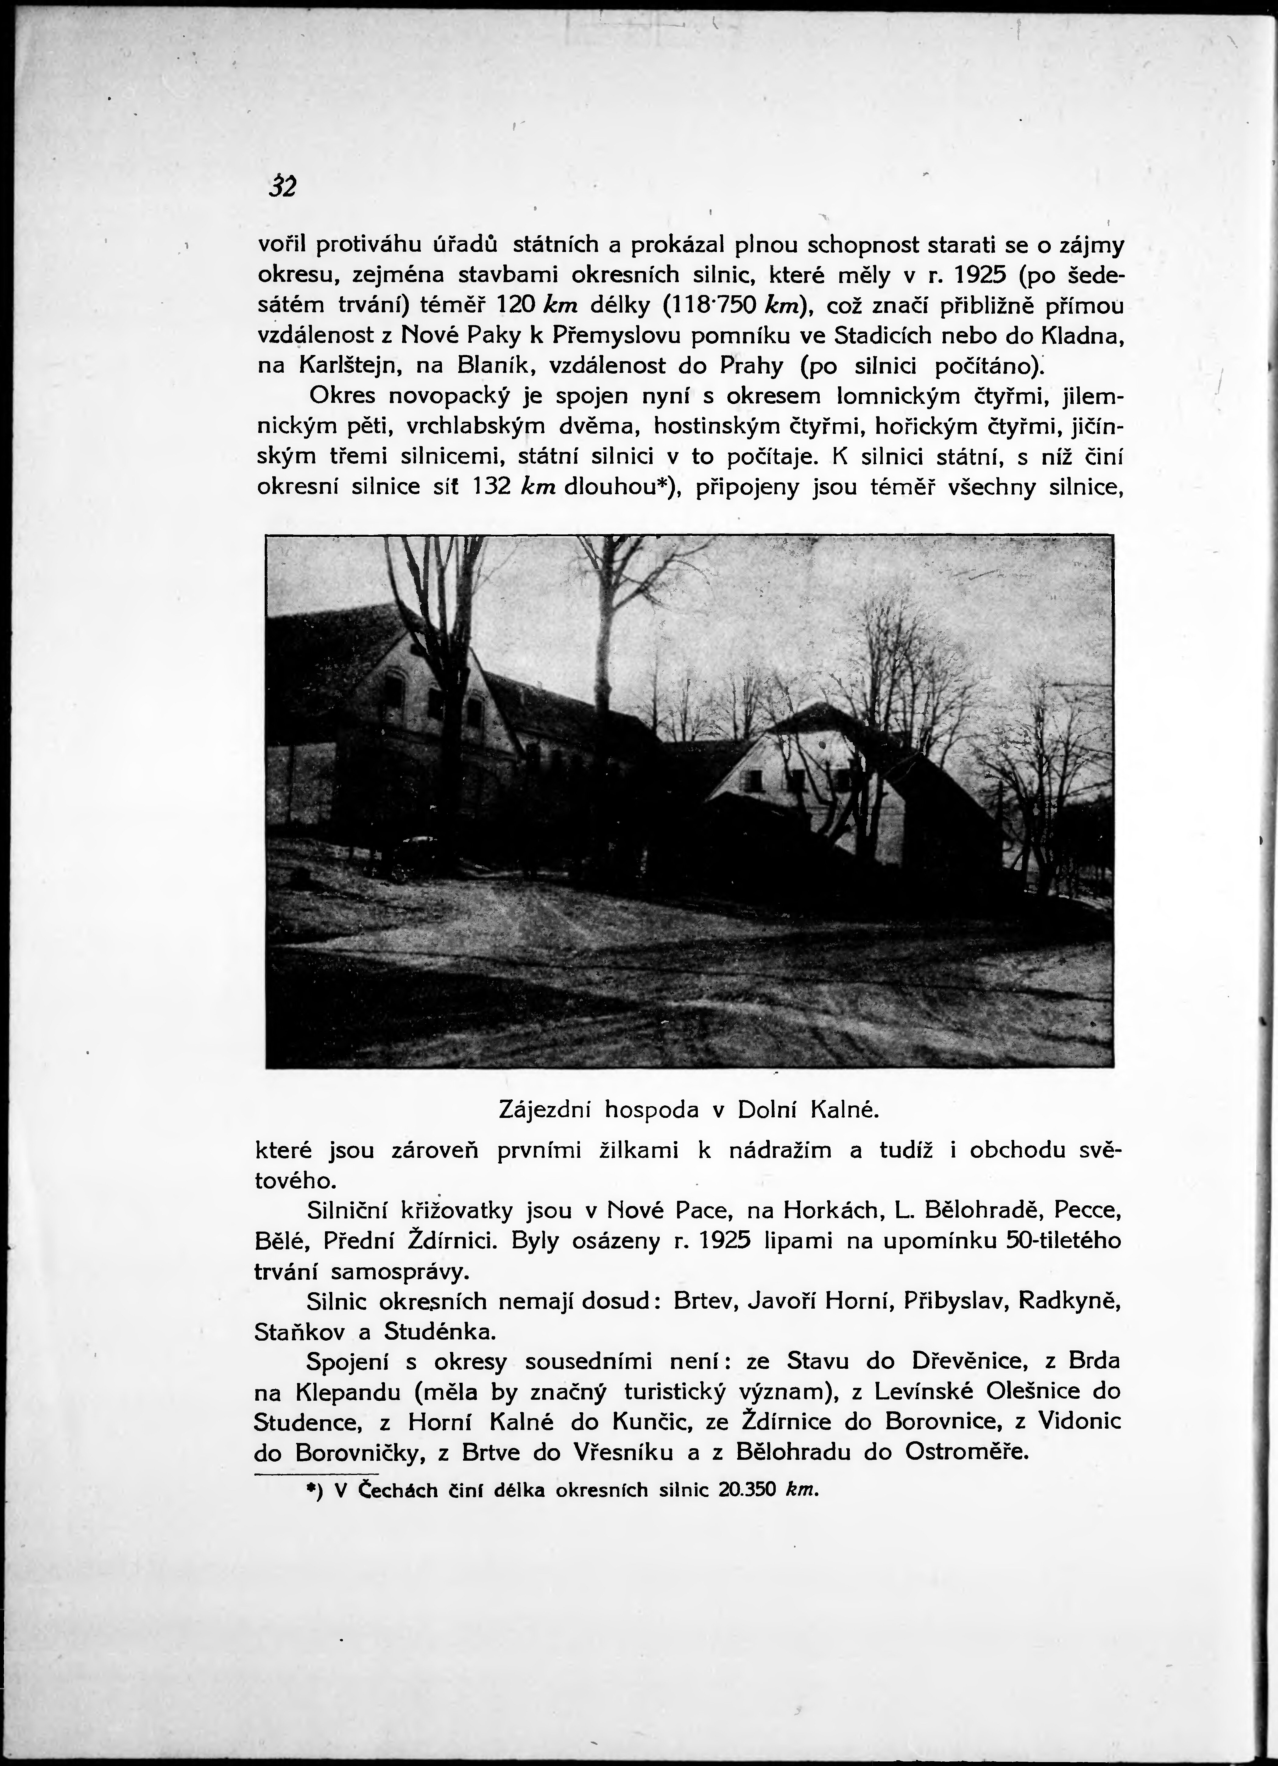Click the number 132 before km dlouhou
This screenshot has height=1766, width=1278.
coord(491,486)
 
